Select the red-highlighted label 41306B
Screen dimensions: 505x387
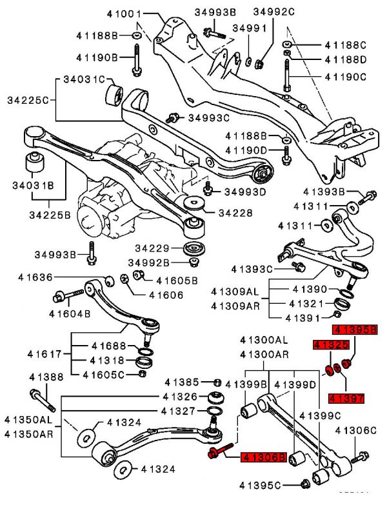click(x=263, y=457)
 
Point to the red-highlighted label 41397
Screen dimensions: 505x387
click(x=346, y=398)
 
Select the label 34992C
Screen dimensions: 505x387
click(x=273, y=12)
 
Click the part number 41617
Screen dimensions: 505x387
click(x=45, y=353)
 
